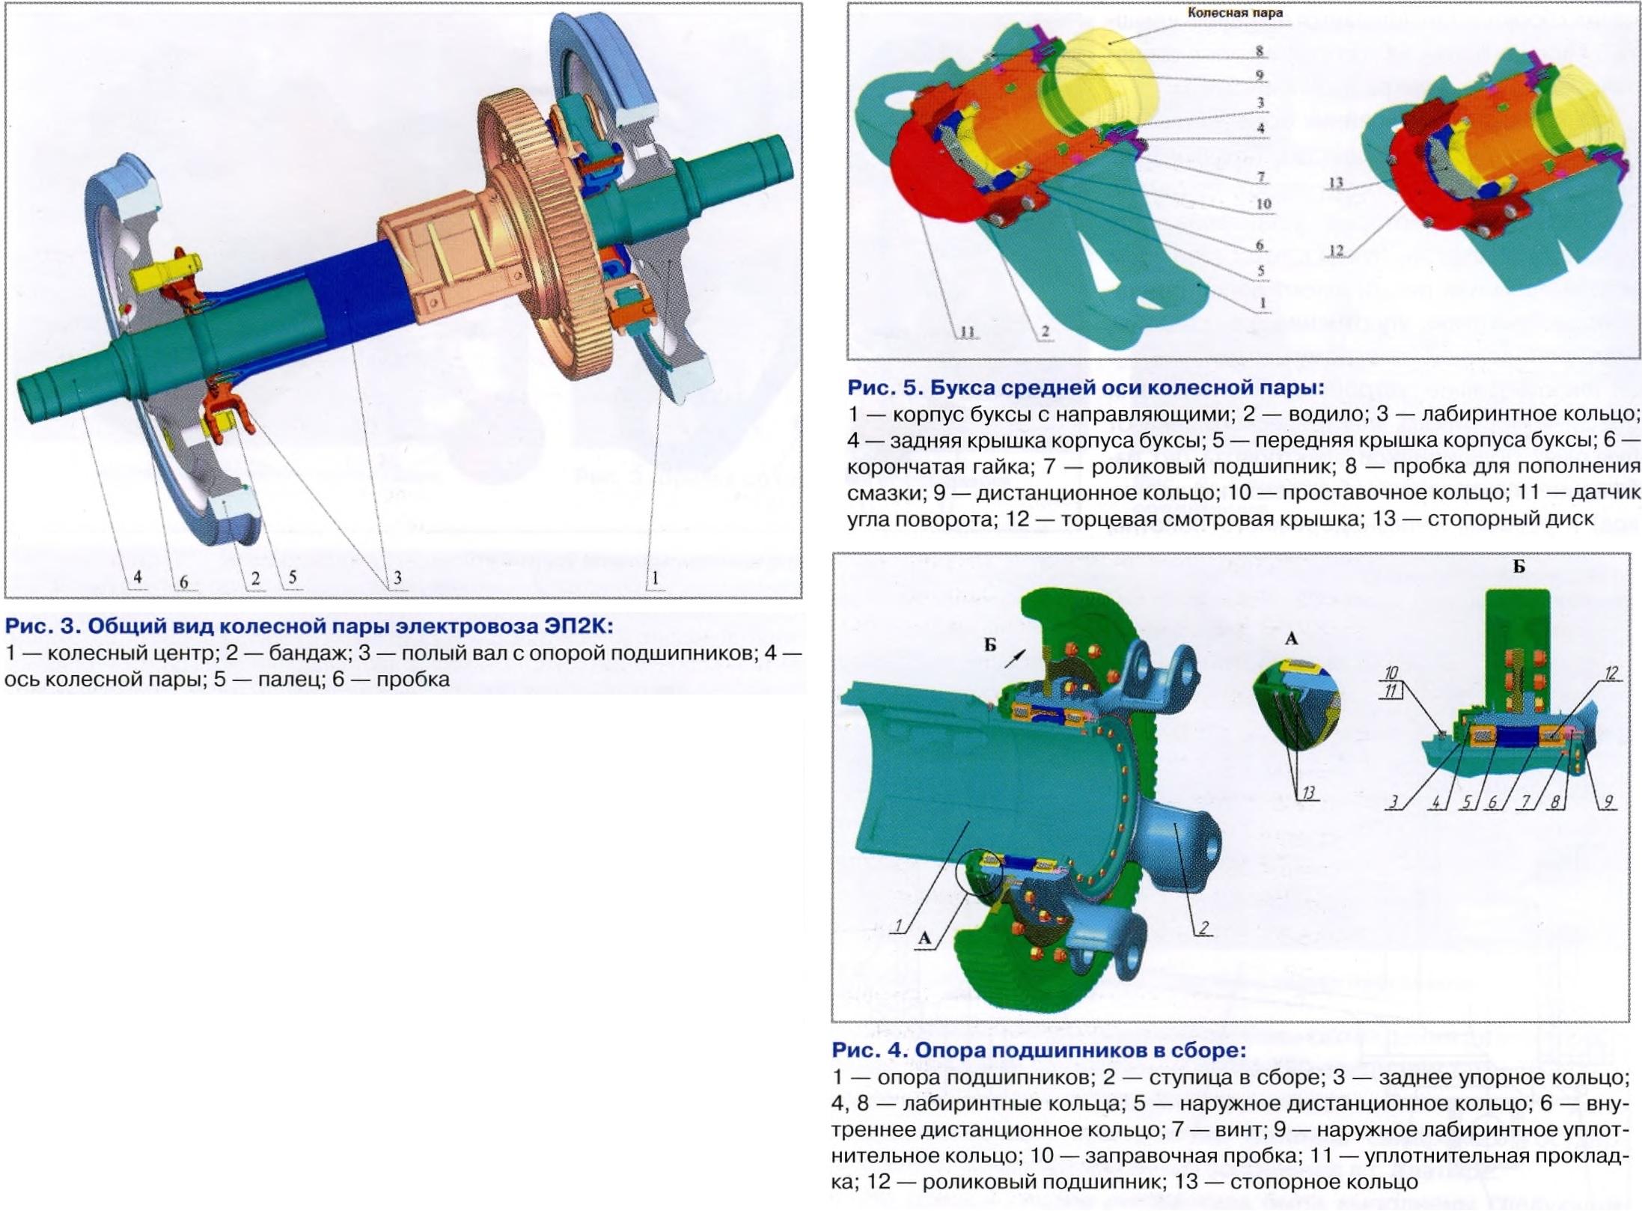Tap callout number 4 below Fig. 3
137,577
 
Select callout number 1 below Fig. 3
656,578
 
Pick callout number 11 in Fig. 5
968,332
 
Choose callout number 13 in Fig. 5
1336,182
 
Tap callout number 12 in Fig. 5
1336,251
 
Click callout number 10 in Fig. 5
1263,204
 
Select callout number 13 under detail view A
1307,793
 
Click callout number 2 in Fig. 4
1203,928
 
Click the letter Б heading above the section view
1519,567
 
